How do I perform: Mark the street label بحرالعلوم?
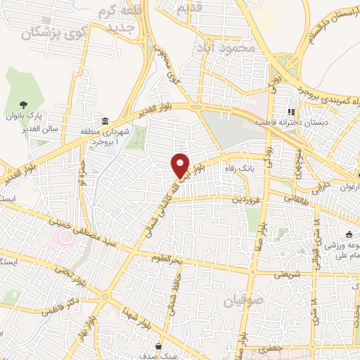pyautogui.click(x=167, y=259)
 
